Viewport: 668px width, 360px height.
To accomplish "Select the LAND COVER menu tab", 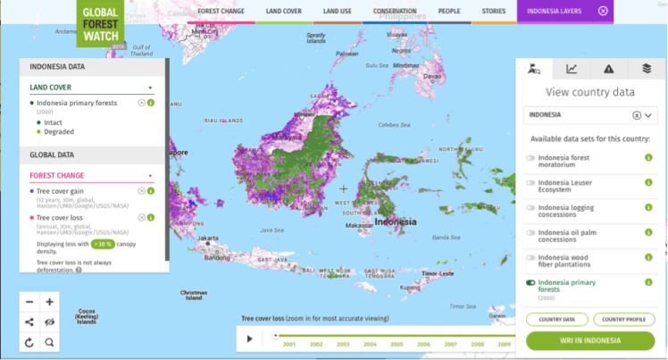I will pyautogui.click(x=284, y=11).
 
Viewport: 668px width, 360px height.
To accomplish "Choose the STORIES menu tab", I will pyautogui.click(x=493, y=11).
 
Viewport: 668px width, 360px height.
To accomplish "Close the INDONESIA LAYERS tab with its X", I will pyautogui.click(x=603, y=11).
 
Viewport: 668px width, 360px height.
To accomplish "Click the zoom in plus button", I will pyautogui.click(x=49, y=302).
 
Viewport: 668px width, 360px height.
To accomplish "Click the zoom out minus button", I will pyautogui.click(x=29, y=302).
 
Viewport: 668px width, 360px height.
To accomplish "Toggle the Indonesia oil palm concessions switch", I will pyautogui.click(x=530, y=233).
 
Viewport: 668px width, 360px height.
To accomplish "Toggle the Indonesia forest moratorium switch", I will pyautogui.click(x=530, y=157).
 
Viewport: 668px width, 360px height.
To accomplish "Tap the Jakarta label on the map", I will pyautogui.click(x=209, y=239).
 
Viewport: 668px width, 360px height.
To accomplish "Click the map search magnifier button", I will pyautogui.click(x=49, y=341).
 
